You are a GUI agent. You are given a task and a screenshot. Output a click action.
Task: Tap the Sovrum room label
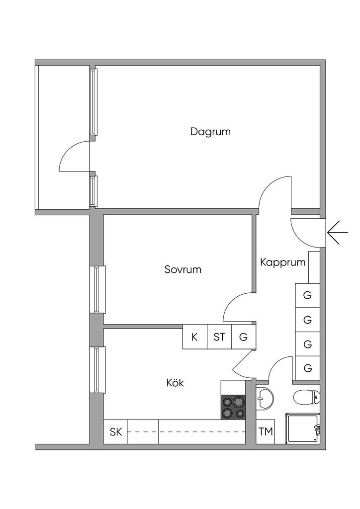pyautogui.click(x=182, y=270)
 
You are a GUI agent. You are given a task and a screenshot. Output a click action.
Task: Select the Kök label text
pyautogui.click(x=175, y=383)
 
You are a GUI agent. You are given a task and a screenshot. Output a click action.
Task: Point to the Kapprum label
pyautogui.click(x=282, y=262)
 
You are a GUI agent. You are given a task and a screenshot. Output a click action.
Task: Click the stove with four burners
pyautogui.click(x=233, y=407)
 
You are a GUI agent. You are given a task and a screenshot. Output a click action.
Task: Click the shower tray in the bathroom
pyautogui.click(x=303, y=428)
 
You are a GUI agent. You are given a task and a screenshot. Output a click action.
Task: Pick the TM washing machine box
pyautogui.click(x=266, y=432)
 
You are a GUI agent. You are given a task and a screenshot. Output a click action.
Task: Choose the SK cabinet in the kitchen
pyautogui.click(x=116, y=432)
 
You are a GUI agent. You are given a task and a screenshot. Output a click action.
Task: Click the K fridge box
pyautogui.click(x=194, y=337)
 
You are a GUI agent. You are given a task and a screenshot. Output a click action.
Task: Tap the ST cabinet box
pyautogui.click(x=219, y=337)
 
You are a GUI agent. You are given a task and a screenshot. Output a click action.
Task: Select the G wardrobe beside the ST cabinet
pyautogui.click(x=243, y=337)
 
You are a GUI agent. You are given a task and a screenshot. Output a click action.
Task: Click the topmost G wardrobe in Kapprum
pyautogui.click(x=307, y=295)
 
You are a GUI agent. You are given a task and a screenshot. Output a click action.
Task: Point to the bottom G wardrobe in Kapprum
pyautogui.click(x=307, y=368)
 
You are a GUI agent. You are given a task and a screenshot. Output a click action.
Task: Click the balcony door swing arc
pyautogui.click(x=73, y=155)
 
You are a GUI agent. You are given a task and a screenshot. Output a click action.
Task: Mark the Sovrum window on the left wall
pyautogui.click(x=98, y=289)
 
